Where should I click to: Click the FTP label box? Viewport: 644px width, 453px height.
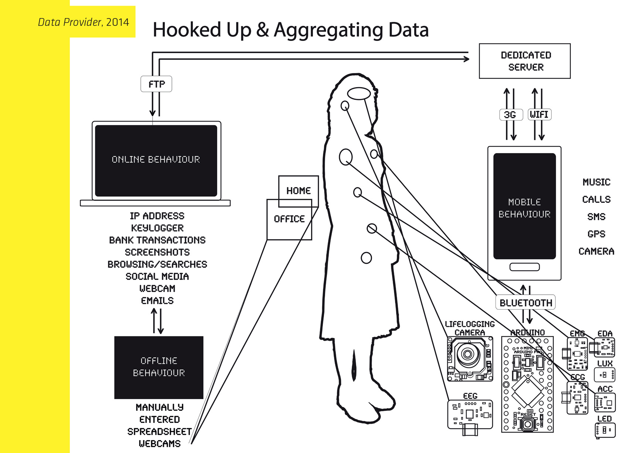[x=156, y=84]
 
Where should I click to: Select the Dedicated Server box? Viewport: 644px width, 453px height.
[x=525, y=61]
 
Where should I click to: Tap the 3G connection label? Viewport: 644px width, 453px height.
[x=510, y=115]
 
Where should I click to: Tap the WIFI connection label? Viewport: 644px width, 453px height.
[x=539, y=114]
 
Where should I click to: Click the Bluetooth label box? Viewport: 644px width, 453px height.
[x=525, y=302]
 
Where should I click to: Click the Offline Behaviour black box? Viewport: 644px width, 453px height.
[x=159, y=367]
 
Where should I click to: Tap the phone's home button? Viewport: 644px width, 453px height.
[x=524, y=267]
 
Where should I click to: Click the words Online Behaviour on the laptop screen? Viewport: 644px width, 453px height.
[x=156, y=159]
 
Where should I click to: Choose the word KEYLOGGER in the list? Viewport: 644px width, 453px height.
[x=157, y=228]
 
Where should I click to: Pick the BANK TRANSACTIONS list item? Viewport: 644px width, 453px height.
[x=157, y=240]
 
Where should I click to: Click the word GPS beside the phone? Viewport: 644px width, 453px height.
[x=596, y=234]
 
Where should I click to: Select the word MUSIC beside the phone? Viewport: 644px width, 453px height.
[x=596, y=182]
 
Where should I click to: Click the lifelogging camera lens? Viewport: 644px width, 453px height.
[x=468, y=355]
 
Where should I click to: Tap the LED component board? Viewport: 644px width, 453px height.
[x=605, y=430]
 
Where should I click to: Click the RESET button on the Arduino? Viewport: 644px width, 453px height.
[x=528, y=424]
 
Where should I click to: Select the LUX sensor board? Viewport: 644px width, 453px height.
[x=604, y=375]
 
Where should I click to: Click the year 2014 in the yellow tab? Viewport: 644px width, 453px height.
[x=117, y=22]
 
